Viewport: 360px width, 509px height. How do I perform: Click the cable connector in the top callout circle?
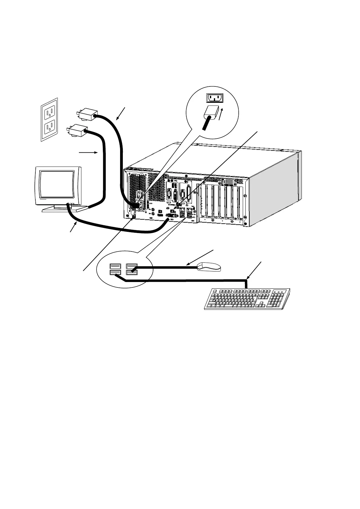[x=211, y=115]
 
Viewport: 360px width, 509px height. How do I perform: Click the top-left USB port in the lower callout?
[x=115, y=266]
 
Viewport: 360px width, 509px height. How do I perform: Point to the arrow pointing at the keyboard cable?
[x=254, y=270]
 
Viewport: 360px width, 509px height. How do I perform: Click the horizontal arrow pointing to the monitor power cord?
[x=88, y=153]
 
